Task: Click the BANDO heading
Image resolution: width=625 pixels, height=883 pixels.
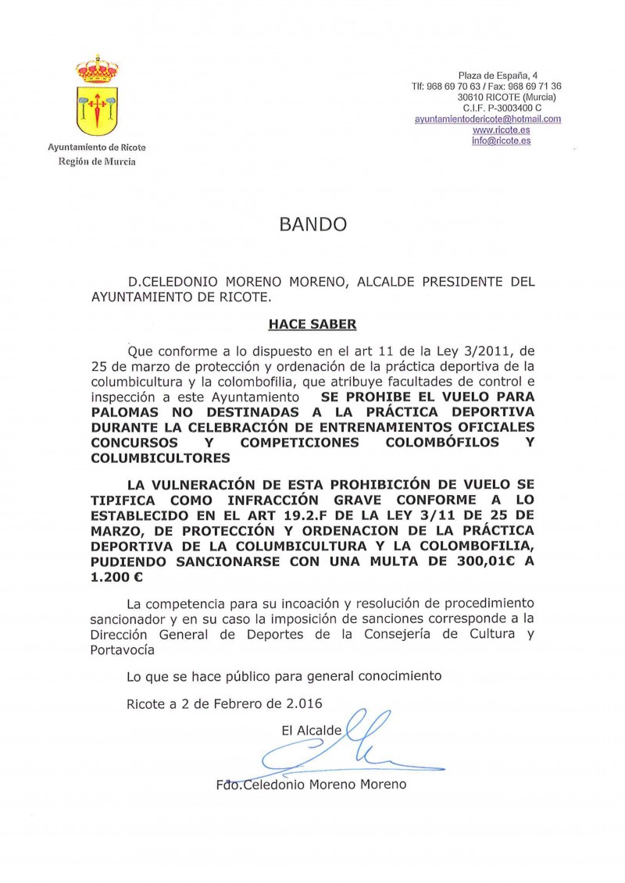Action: point(312,225)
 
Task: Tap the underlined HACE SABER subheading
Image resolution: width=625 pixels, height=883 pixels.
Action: point(312,321)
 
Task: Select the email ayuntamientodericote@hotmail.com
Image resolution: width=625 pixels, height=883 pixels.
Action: point(487,119)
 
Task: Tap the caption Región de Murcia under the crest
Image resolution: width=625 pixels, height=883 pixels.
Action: point(97,162)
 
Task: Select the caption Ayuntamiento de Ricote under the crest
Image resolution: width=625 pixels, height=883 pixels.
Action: point(97,147)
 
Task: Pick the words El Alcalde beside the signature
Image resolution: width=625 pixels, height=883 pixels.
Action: point(312,731)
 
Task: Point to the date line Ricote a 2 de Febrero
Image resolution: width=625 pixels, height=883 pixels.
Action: point(224,703)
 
